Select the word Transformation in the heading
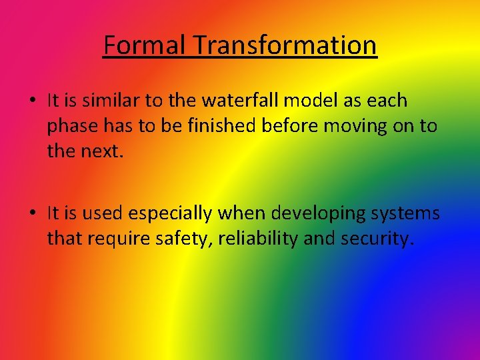coord(285,45)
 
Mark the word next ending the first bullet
coord(97,151)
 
